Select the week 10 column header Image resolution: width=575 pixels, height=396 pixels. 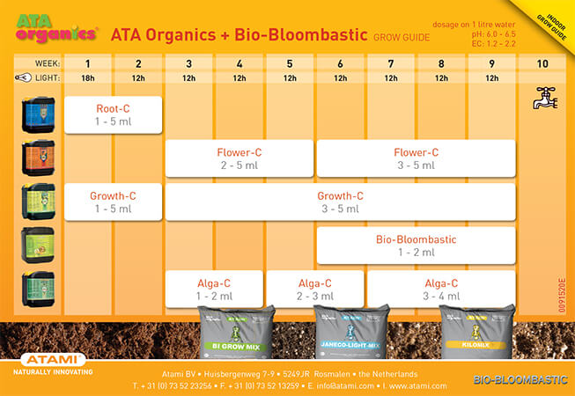pyautogui.click(x=542, y=64)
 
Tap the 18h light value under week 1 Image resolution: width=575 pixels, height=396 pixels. pyautogui.click(x=88, y=78)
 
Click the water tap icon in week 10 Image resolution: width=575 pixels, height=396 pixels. pyautogui.click(x=545, y=99)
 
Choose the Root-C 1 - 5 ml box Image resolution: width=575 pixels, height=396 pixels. pyautogui.click(x=113, y=114)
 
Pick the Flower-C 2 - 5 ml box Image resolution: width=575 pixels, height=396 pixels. pyautogui.click(x=239, y=158)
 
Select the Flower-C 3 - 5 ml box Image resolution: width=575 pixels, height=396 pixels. pyautogui.click(x=416, y=158)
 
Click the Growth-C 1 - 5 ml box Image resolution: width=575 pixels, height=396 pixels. pyautogui.click(x=113, y=202)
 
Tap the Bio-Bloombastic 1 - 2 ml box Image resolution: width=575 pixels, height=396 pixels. pyautogui.click(x=416, y=246)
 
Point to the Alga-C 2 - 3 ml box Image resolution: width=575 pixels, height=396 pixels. pyautogui.click(x=314, y=289)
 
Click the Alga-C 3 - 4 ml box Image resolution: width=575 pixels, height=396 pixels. pyautogui.click(x=441, y=289)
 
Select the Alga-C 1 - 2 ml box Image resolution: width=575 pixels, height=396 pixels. pyautogui.click(x=214, y=289)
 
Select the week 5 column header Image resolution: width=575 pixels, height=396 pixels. pyautogui.click(x=290, y=64)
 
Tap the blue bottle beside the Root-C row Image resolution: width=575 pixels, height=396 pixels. pyautogui.click(x=38, y=114)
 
